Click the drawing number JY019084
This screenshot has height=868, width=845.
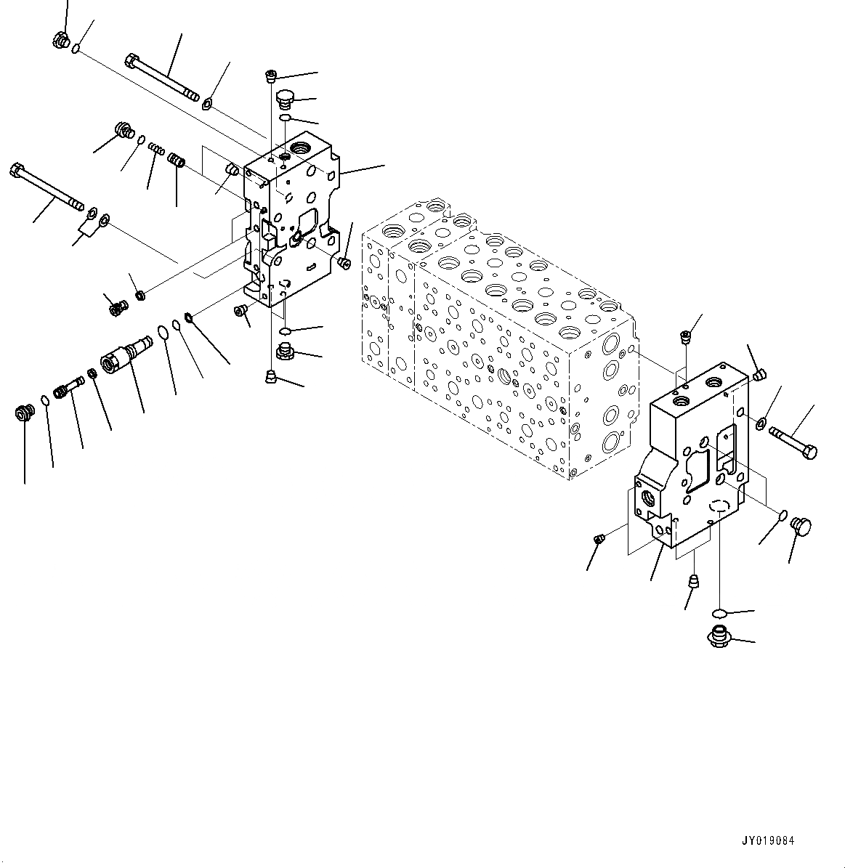[768, 841]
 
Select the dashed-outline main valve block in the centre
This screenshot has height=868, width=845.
[494, 341]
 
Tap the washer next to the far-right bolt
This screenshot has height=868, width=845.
[761, 423]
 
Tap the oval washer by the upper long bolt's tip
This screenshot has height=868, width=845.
[209, 104]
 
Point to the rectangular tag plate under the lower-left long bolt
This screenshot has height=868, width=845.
[86, 230]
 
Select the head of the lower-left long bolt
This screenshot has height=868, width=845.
[17, 172]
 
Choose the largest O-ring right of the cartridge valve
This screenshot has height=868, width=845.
[163, 333]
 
